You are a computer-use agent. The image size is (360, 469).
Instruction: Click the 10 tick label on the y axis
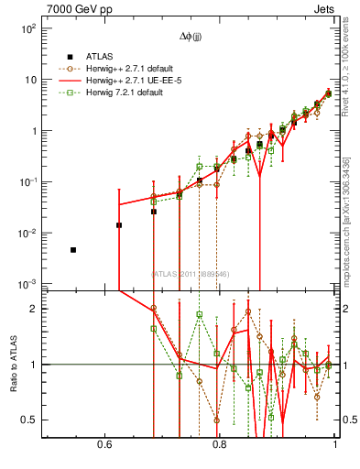click(x=28, y=80)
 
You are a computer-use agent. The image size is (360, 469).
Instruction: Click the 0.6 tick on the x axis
click(x=104, y=446)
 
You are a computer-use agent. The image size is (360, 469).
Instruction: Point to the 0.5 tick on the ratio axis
click(x=31, y=420)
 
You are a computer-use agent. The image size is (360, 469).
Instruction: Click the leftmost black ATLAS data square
click(x=73, y=250)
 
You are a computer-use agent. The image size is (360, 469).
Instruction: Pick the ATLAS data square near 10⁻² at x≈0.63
click(x=119, y=224)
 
